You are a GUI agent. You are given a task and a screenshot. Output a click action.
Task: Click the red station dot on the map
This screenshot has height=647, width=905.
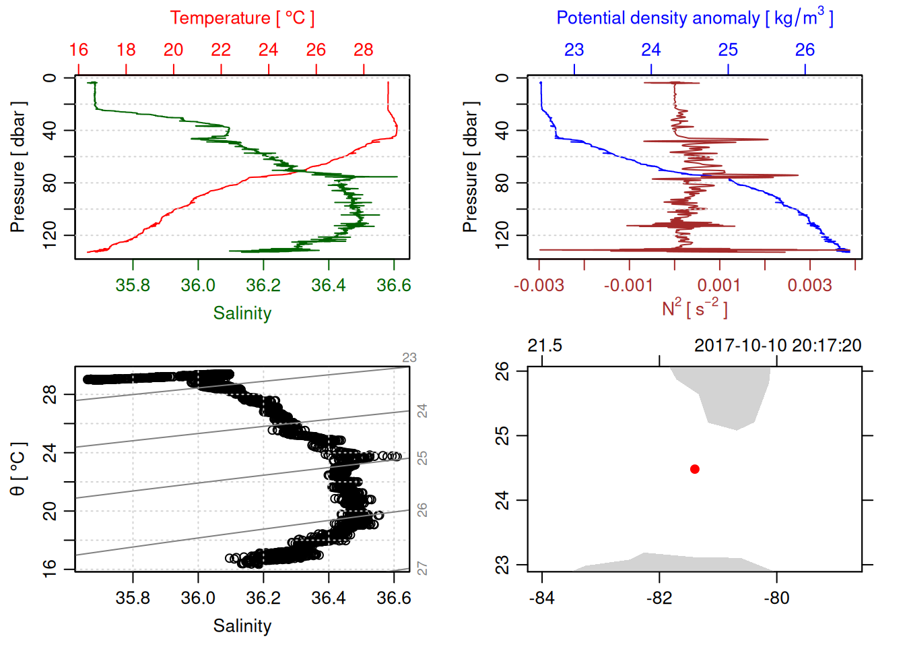[694, 469]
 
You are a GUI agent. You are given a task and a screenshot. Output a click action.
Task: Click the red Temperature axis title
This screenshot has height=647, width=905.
[242, 18]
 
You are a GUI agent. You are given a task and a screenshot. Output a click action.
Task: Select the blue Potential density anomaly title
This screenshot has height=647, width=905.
[694, 18]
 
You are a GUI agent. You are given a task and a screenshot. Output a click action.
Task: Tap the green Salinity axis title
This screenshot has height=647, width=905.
[242, 313]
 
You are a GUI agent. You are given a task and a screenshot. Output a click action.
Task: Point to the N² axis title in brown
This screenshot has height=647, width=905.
[694, 308]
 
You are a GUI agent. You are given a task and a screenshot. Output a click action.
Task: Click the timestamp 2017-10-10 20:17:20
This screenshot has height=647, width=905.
[778, 346]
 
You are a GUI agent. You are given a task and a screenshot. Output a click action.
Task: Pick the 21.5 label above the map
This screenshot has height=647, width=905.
[544, 346]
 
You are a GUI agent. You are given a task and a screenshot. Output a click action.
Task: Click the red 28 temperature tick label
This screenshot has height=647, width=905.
[364, 50]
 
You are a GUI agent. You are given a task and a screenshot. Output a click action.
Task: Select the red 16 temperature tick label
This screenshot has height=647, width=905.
[79, 50]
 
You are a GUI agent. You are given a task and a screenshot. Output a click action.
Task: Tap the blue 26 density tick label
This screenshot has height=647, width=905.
[805, 50]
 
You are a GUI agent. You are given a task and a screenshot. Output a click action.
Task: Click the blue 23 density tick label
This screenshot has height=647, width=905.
[574, 50]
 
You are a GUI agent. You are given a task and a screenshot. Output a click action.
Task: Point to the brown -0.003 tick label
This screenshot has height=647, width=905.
[539, 285]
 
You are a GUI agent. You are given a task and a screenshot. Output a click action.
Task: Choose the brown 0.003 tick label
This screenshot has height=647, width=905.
[809, 285]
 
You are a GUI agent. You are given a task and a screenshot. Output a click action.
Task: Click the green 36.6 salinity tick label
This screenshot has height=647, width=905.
[393, 285]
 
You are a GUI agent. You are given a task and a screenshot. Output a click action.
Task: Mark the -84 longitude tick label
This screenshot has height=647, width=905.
[541, 598]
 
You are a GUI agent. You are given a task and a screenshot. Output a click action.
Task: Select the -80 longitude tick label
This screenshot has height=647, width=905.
[776, 598]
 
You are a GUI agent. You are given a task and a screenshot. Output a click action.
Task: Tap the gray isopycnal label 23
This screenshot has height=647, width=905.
[409, 358]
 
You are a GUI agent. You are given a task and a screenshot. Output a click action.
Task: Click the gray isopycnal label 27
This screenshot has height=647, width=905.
[422, 569]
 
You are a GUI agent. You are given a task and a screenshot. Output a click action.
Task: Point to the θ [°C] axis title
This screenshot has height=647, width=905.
[18, 469]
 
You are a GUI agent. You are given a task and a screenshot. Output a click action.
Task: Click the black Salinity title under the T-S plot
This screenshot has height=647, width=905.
[242, 626]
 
